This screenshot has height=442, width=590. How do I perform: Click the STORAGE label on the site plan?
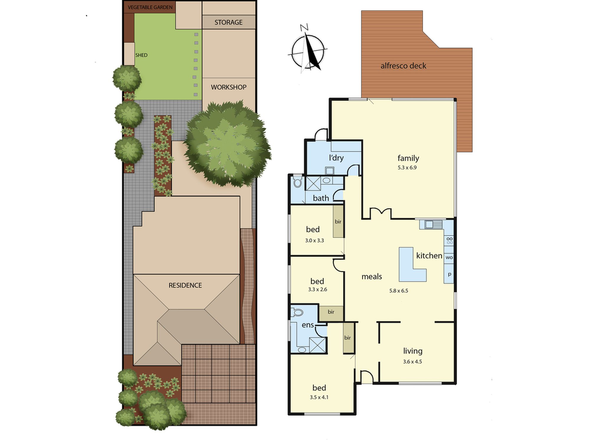click(228, 22)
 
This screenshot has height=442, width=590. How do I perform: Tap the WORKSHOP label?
click(229, 87)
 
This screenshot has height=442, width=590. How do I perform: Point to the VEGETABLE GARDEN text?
click(150, 7)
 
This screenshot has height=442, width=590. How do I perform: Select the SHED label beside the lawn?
click(141, 55)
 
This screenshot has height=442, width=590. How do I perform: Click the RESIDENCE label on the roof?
click(185, 285)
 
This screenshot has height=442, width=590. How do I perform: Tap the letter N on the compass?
click(304, 28)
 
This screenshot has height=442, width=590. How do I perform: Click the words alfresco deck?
click(403, 66)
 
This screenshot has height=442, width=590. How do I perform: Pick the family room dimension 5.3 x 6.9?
click(407, 168)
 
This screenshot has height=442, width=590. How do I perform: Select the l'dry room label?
click(336, 158)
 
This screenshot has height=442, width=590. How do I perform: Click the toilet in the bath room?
click(297, 182)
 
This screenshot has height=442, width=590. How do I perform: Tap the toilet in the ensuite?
click(297, 312)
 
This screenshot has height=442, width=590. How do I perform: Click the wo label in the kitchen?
click(449, 258)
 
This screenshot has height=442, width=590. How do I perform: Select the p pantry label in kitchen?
click(449, 274)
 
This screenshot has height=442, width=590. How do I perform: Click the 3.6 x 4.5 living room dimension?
click(412, 362)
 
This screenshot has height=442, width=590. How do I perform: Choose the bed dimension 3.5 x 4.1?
click(319, 397)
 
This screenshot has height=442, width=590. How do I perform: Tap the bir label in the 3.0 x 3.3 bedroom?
click(338, 222)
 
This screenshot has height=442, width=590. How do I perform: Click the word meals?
click(372, 276)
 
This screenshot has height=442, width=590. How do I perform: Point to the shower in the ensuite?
click(317, 345)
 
